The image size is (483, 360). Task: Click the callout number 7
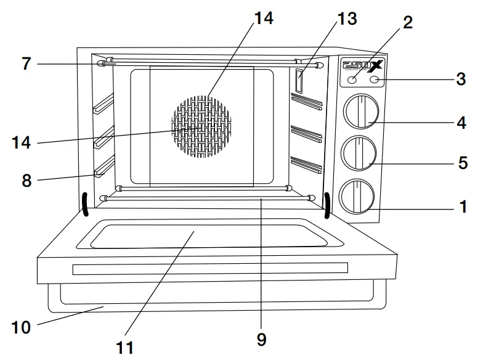[25, 64]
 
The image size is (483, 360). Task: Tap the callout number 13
[346, 19]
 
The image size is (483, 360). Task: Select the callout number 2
[407, 23]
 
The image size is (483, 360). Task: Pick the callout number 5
[463, 165]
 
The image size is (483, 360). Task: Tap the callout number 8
[26, 181]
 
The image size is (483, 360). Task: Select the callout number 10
[21, 327]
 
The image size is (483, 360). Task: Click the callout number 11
[125, 347]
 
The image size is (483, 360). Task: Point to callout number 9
[262, 339]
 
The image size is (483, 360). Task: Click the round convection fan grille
[201, 126]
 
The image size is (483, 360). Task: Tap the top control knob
[359, 112]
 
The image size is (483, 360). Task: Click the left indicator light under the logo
[352, 80]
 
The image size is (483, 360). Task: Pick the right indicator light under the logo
[374, 80]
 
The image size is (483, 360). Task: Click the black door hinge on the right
[327, 205]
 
